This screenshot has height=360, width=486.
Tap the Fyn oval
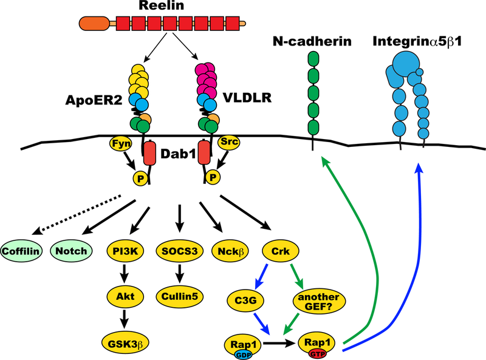pyautogui.click(x=119, y=144)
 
